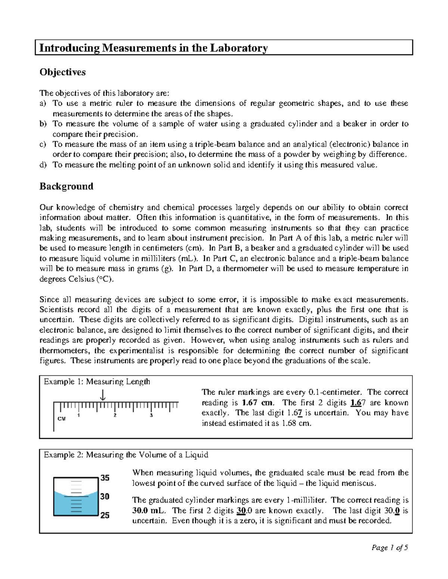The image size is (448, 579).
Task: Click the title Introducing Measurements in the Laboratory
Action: pyautogui.click(x=153, y=48)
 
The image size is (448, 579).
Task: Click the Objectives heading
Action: pyautogui.click(x=62, y=72)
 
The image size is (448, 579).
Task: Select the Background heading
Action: pyautogui.click(x=66, y=186)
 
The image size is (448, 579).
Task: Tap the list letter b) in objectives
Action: pyautogui.click(x=43, y=124)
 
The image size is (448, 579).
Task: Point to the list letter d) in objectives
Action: pyautogui.click(x=43, y=165)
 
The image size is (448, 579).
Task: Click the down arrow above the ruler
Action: pyautogui.click(x=103, y=395)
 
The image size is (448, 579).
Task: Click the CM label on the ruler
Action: pyautogui.click(x=62, y=419)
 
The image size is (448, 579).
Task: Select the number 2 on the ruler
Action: pyautogui.click(x=115, y=415)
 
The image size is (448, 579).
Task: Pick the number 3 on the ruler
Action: pyautogui.click(x=151, y=415)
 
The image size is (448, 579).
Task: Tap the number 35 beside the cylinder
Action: pyautogui.click(x=105, y=478)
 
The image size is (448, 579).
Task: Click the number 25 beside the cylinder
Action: pyautogui.click(x=105, y=515)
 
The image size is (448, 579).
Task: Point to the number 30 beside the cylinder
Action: pyautogui.click(x=105, y=497)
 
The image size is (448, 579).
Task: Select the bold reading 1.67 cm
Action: pyautogui.click(x=258, y=403)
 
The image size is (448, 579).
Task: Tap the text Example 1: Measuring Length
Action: pyautogui.click(x=97, y=381)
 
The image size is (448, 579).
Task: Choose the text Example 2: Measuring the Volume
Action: pyautogui.click(x=126, y=455)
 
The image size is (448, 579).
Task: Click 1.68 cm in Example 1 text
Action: pyautogui.click(x=296, y=423)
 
